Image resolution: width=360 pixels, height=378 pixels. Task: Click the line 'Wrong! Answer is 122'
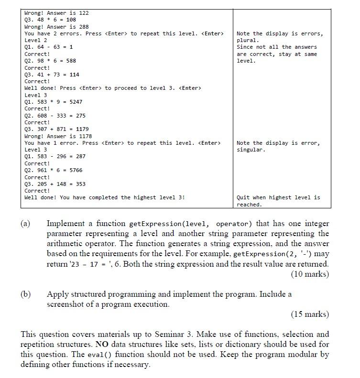[x=56, y=13]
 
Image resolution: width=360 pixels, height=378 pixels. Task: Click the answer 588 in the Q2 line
[x=71, y=61]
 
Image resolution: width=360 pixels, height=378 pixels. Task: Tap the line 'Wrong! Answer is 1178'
[x=58, y=136]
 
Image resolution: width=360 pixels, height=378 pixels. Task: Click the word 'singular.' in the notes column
[x=251, y=150]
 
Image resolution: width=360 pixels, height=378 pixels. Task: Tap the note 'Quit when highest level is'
[x=278, y=197]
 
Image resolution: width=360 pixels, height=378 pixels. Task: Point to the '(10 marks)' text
[x=309, y=274]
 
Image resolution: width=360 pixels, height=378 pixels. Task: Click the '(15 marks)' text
[x=309, y=314]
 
